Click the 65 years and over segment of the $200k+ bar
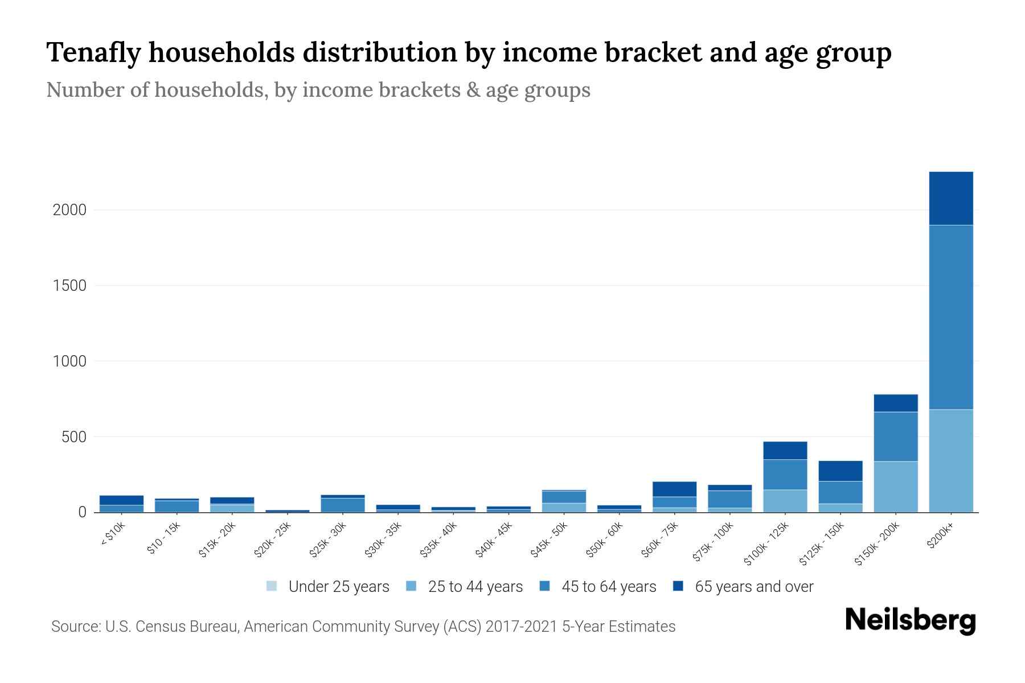pyautogui.click(x=950, y=198)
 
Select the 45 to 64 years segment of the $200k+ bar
pyautogui.click(x=950, y=317)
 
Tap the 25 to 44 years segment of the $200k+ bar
pyautogui.click(x=950, y=460)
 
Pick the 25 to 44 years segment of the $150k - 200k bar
pyautogui.click(x=895, y=487)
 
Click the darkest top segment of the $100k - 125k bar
pyautogui.click(x=785, y=450)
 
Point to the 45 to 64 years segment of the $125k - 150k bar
pyautogui.click(x=840, y=492)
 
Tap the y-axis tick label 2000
pyautogui.click(x=69, y=210)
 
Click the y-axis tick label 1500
pyautogui.click(x=69, y=286)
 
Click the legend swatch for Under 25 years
pyautogui.click(x=272, y=586)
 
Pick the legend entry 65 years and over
pyautogui.click(x=753, y=587)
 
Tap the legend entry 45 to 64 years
pyautogui.click(x=608, y=587)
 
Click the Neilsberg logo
pyautogui.click(x=910, y=620)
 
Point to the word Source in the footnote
pyautogui.click(x=75, y=627)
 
